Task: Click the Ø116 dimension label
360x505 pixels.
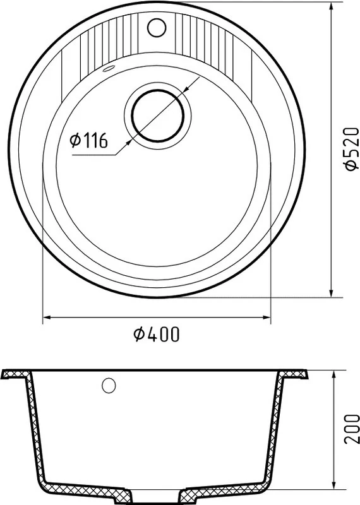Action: (88, 141)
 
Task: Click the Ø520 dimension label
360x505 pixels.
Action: (351, 148)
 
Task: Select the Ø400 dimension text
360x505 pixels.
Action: (156, 335)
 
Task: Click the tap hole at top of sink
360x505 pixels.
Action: (157, 27)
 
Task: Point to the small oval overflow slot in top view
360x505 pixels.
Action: (108, 69)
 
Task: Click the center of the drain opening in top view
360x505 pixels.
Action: (158, 116)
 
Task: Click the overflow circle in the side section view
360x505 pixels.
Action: (109, 385)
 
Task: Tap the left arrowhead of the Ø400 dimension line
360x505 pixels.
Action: (47, 318)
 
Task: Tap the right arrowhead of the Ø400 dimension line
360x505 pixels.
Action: (266, 318)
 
